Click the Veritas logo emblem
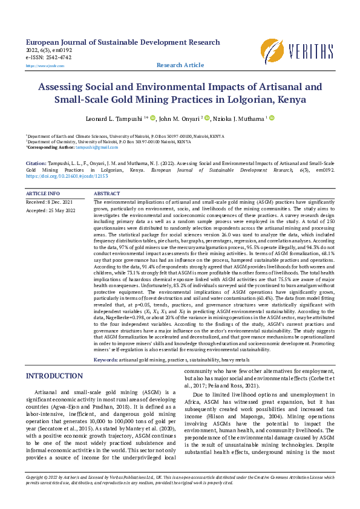tap(272, 50)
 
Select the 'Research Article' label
tap(180, 65)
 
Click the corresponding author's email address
tap(101, 147)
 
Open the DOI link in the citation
tap(67, 176)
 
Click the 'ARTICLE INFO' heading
tap(43, 193)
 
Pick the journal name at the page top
tap(123, 42)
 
